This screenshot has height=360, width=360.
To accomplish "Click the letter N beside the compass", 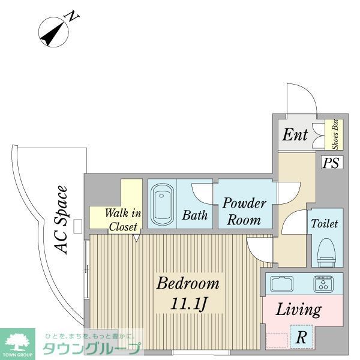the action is click(x=72, y=16).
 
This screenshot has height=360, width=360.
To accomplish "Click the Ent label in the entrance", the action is click(x=295, y=134).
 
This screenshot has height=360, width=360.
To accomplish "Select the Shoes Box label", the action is click(x=335, y=134).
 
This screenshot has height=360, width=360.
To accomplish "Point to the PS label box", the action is click(x=331, y=163).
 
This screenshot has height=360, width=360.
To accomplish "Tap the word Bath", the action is click(x=195, y=215).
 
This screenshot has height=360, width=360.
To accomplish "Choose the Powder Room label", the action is click(x=244, y=211).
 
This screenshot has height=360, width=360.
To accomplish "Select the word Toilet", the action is click(x=324, y=223).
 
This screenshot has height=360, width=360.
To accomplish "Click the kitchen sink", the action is click(x=282, y=284).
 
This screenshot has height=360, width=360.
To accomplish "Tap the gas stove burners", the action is click(x=324, y=284).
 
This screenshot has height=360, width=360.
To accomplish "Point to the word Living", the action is click(x=298, y=310).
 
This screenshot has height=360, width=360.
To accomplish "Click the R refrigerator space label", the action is click(x=301, y=337).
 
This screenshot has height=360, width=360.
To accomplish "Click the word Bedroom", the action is click(x=188, y=284).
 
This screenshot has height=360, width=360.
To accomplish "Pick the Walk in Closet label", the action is click(x=123, y=220).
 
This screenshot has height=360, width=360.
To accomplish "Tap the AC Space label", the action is click(x=61, y=220).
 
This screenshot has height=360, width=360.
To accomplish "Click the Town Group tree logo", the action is click(x=17, y=342).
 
